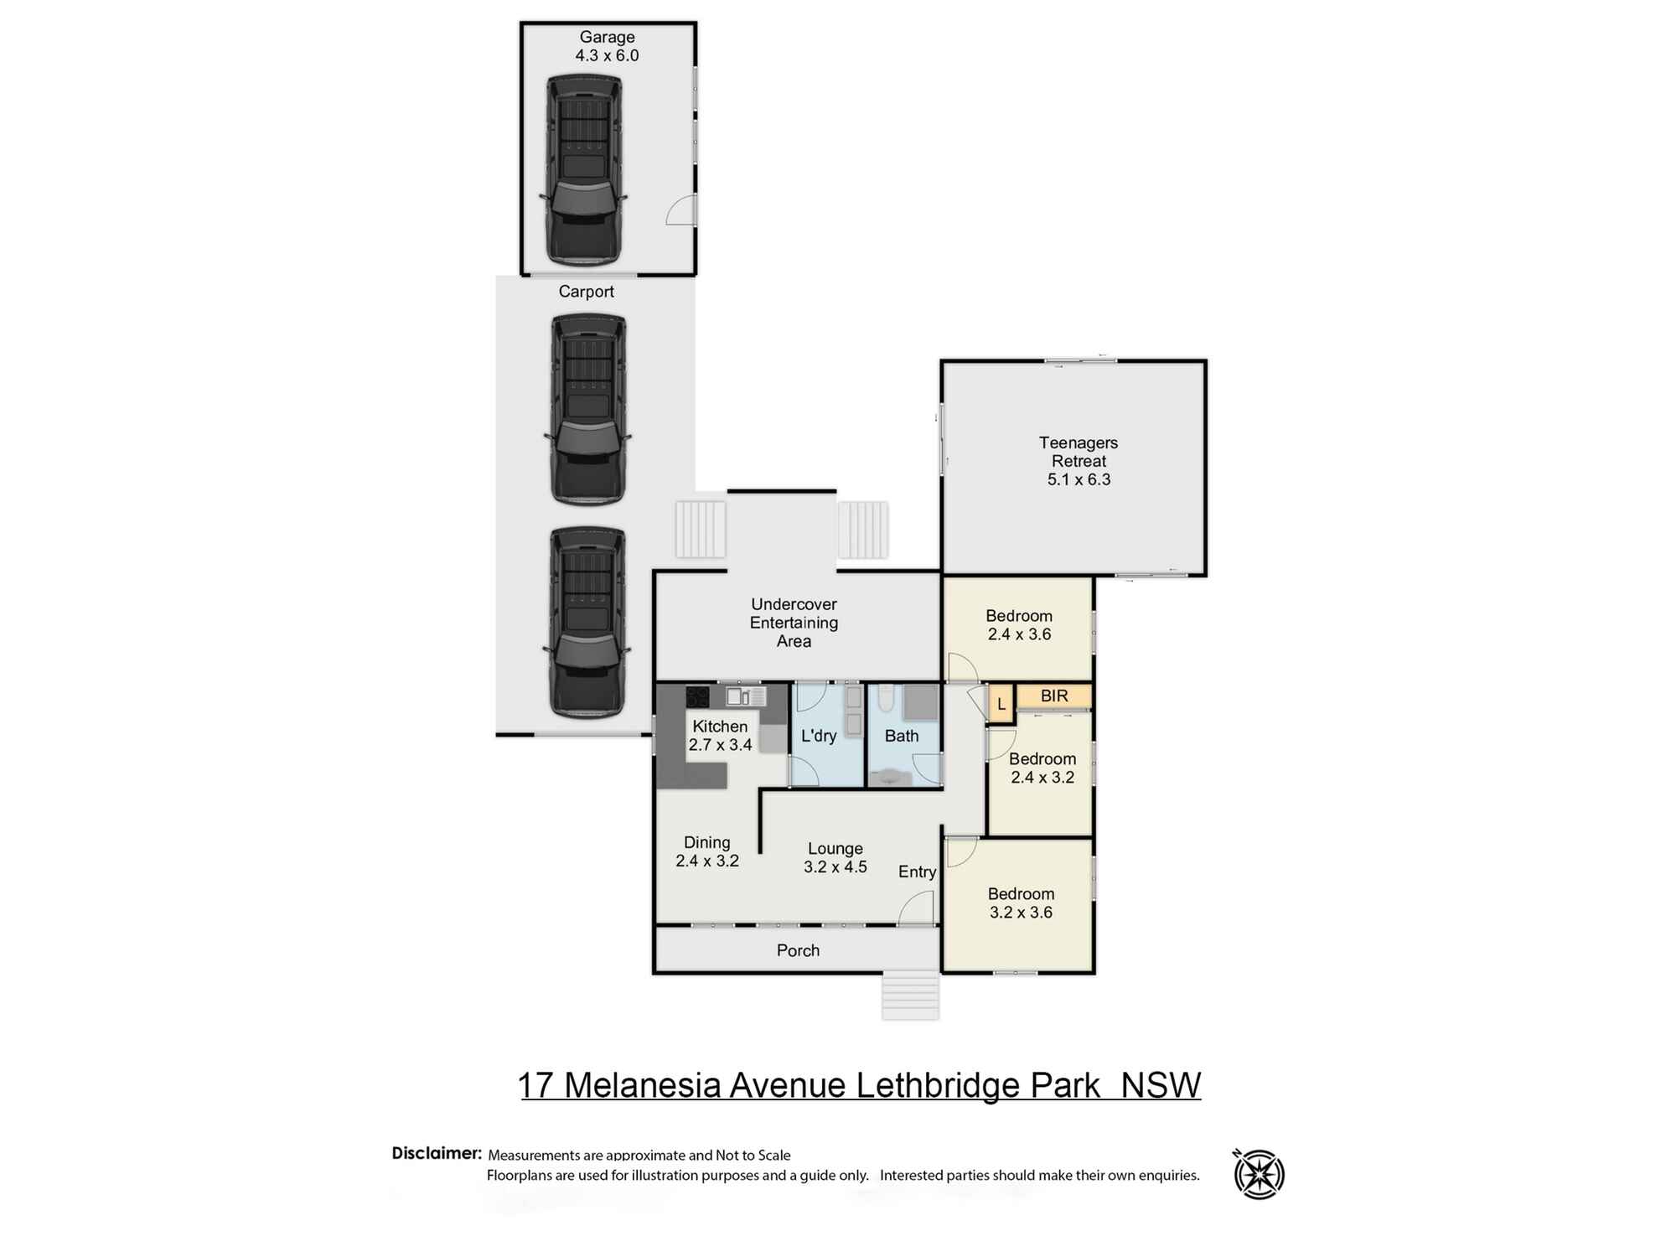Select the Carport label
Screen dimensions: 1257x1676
point(586,292)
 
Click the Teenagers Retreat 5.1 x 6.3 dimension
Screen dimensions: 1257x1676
point(1079,480)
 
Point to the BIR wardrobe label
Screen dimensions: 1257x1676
point(1054,696)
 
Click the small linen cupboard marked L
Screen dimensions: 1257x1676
point(1001,705)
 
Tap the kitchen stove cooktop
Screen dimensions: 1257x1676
point(697,696)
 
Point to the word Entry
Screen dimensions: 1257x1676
point(917,872)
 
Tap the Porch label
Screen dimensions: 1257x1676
point(798,951)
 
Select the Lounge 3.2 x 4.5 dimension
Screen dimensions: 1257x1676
point(835,867)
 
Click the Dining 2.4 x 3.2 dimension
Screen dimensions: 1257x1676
point(707,861)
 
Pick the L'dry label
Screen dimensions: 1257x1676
point(819,736)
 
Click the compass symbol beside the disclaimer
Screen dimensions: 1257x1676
point(1259,1174)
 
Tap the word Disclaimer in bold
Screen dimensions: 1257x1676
point(436,1154)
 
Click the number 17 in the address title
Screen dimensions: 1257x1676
point(536,1085)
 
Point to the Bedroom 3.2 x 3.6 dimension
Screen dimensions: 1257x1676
point(1021,913)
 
